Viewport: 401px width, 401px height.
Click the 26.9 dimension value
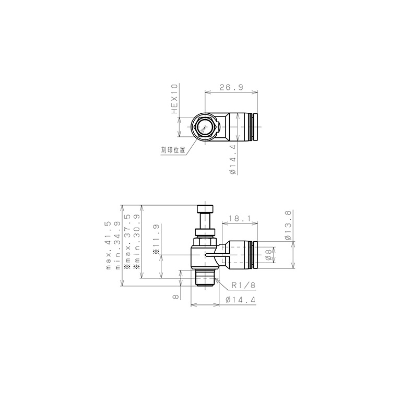click(x=231, y=88)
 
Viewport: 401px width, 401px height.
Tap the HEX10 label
click(x=174, y=99)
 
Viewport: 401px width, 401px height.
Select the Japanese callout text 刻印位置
click(x=173, y=150)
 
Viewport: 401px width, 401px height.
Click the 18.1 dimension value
click(x=240, y=218)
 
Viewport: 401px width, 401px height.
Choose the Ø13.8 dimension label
click(x=288, y=226)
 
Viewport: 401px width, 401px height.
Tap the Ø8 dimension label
click(x=268, y=255)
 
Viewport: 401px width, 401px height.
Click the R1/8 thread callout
click(x=243, y=285)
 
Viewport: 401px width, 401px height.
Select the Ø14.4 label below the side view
click(x=241, y=300)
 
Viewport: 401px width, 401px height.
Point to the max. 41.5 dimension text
click(x=109, y=245)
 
